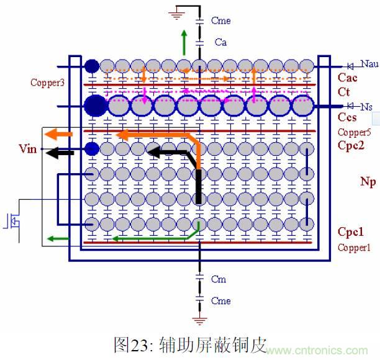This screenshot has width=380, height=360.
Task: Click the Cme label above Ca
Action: click(220, 20)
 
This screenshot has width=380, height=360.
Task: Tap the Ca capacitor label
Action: click(220, 42)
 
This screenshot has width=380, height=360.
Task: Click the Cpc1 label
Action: click(350, 232)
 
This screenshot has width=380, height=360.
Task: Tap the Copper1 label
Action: click(353, 247)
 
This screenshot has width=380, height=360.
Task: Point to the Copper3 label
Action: click(47, 82)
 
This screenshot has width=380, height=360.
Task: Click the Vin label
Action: click(29, 150)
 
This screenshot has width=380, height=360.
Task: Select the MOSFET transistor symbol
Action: click(12, 222)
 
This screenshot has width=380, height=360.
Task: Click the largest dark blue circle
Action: click(94, 106)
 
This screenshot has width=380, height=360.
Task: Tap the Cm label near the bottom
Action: click(218, 279)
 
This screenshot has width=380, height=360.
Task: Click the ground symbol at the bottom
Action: click(199, 321)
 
